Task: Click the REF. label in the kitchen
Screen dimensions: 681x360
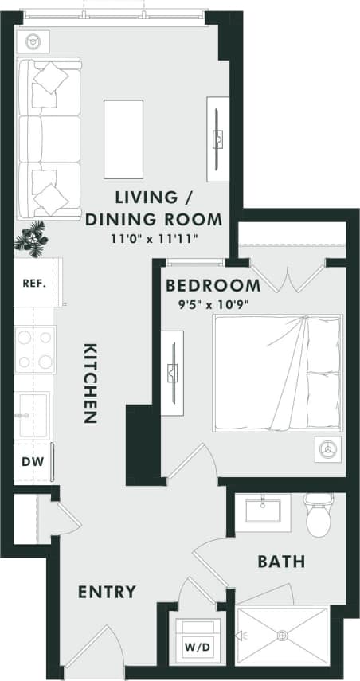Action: coord(33,283)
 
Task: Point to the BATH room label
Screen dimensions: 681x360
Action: coord(280,562)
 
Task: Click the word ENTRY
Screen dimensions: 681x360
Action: coord(107,592)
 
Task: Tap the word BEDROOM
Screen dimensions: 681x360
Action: coord(212,286)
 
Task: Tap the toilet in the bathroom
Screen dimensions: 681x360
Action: coord(319,515)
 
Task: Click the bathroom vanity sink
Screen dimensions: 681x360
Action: coord(262,509)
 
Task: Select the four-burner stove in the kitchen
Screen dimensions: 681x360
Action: coord(34,350)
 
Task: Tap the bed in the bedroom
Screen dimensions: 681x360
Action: coord(276,373)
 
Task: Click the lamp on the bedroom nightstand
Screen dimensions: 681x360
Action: coord(326,449)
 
